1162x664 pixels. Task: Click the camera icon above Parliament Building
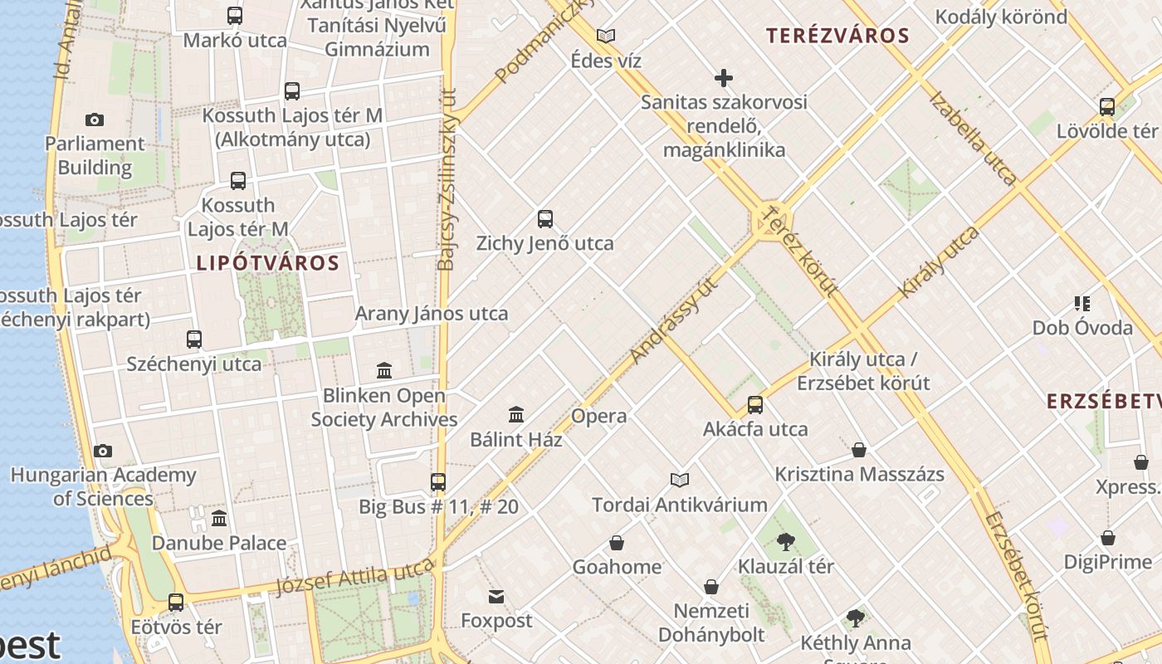[95, 120]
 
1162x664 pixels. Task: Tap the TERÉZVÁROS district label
[837, 36]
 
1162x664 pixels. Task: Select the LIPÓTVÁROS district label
[268, 264]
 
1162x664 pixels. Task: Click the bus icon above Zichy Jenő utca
[545, 219]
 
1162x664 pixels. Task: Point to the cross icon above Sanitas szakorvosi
[724, 78]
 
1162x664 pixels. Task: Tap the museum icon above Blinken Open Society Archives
[384, 370]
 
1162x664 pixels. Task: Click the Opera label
[599, 416]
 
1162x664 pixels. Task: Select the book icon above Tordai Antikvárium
[680, 480]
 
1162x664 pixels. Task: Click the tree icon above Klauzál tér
[786, 542]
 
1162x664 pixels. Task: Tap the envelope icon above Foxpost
[496, 596]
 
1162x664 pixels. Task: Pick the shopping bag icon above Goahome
[617, 543]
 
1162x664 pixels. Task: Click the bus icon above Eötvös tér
[176, 603]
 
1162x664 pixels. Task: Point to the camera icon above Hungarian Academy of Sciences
[103, 451]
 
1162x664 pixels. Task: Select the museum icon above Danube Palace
[219, 519]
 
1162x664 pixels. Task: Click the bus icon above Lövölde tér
[1107, 107]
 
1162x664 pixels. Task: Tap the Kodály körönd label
[1001, 17]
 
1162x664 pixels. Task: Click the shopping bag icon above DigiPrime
[1108, 538]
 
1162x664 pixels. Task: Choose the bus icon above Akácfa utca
[755, 405]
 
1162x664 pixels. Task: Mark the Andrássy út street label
[673, 322]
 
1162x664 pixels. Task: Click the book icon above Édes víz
[606, 36]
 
